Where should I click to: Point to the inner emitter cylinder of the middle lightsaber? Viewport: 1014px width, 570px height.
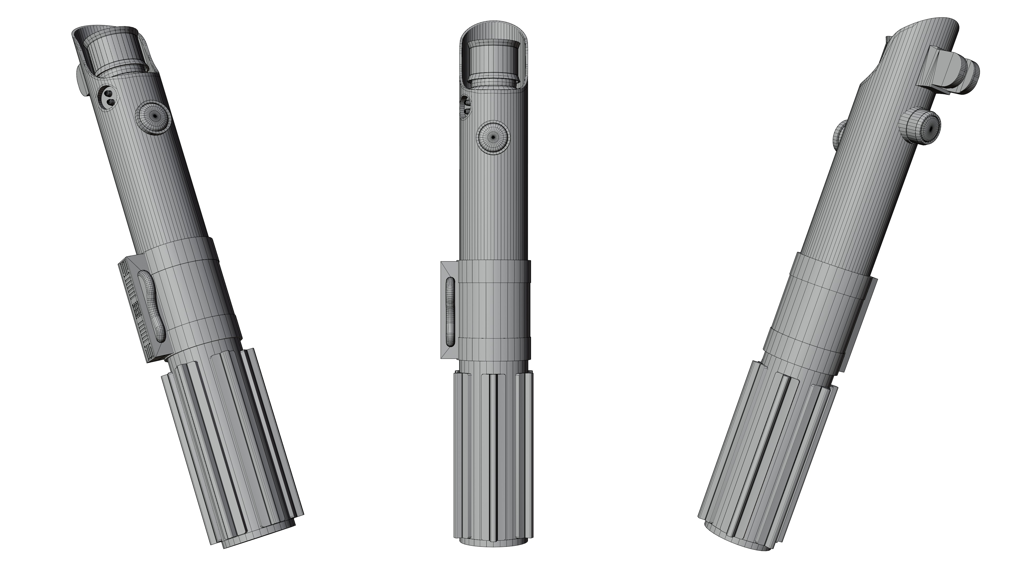[x=493, y=63]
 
